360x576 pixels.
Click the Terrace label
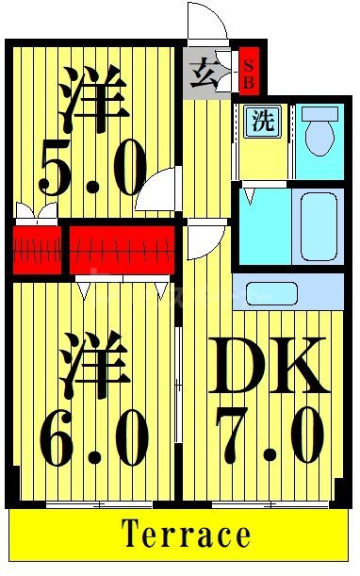(x=186, y=535)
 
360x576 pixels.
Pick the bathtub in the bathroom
(x=317, y=226)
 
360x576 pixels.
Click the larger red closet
(x=122, y=248)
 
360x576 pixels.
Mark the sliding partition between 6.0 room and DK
(x=178, y=387)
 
